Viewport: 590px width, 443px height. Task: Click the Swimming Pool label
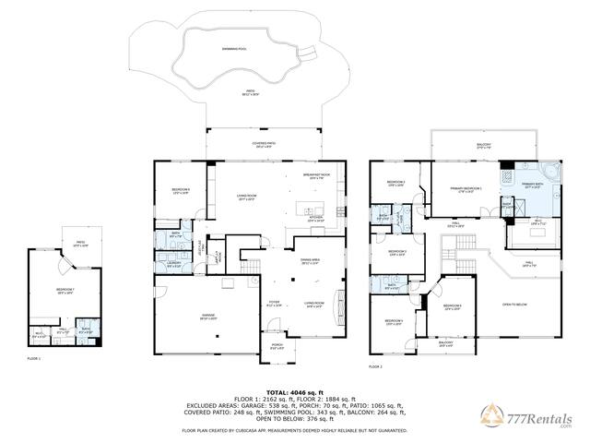(x=234, y=47)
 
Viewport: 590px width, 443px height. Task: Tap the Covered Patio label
(x=265, y=145)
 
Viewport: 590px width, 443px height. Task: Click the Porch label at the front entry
(x=277, y=347)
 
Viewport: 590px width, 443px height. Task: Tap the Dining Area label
(x=310, y=262)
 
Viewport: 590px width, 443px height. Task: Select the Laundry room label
(x=173, y=264)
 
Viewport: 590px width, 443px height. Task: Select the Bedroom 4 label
(x=395, y=322)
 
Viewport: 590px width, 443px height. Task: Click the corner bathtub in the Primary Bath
(x=551, y=174)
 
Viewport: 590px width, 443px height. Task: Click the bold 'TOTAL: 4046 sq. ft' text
(x=295, y=392)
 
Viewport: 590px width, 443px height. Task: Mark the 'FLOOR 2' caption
(x=375, y=366)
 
